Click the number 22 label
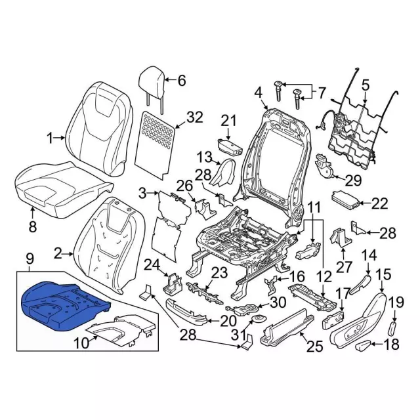tap(379, 204)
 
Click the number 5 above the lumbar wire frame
tap(366, 83)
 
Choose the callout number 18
tap(392, 345)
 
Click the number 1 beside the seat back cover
tap(50, 138)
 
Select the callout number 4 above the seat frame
tap(258, 91)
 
